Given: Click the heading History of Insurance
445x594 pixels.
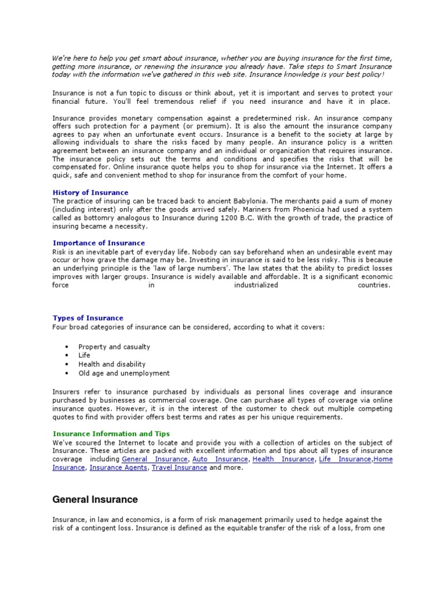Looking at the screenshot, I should tap(90, 193).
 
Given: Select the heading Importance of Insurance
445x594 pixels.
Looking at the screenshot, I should tap(99, 243).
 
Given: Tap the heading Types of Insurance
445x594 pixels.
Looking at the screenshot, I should tap(87, 318).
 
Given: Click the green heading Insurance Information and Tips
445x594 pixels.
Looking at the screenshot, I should tap(111, 433).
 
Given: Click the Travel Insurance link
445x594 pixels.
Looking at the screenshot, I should tap(179, 468).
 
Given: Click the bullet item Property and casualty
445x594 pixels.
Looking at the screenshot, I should tap(114, 347).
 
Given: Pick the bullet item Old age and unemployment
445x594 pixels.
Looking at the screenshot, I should tap(124, 374).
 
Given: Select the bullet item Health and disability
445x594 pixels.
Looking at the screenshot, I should tap(112, 364).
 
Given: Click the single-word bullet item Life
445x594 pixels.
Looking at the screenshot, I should tap(85, 356).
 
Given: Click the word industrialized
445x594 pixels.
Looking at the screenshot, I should tap(256, 285).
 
